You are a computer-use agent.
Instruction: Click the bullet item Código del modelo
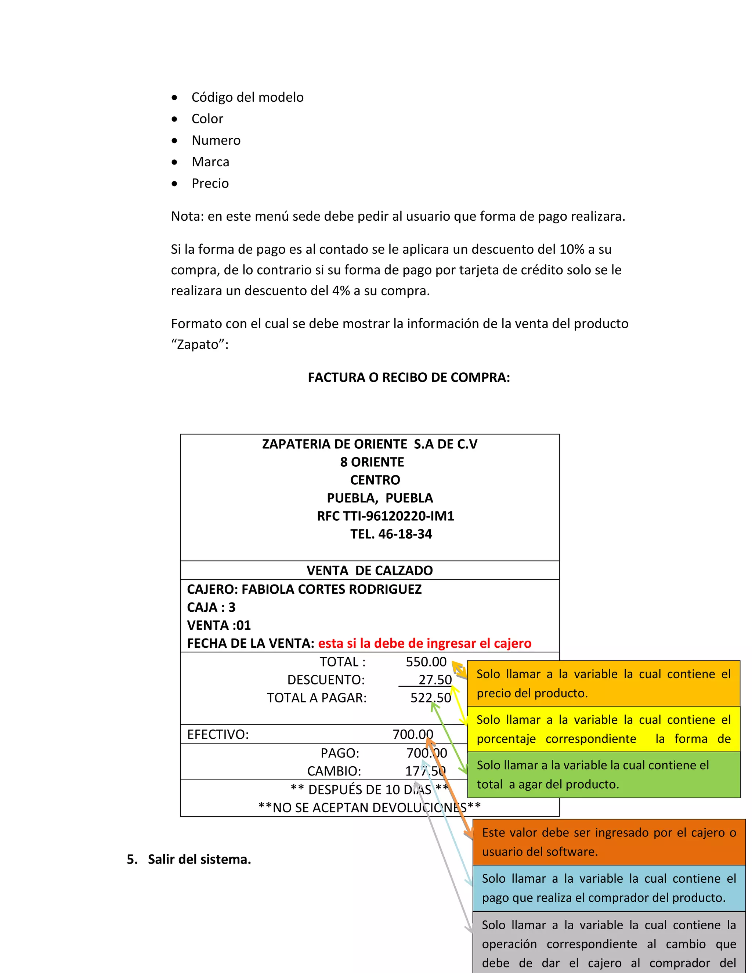click(x=247, y=97)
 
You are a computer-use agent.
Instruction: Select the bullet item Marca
click(x=210, y=162)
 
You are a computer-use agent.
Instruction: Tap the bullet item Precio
click(x=210, y=183)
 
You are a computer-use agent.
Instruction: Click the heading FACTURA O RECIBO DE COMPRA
click(x=409, y=377)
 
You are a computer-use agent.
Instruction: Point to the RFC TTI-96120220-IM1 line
click(x=385, y=516)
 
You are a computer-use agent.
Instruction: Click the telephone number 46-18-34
click(x=405, y=534)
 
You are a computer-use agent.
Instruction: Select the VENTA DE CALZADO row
click(x=369, y=570)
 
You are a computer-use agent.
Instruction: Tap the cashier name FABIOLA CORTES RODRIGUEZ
click(x=332, y=589)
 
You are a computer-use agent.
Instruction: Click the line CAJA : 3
click(x=211, y=607)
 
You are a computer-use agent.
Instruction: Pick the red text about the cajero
click(x=424, y=643)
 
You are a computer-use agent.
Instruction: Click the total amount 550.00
click(x=426, y=662)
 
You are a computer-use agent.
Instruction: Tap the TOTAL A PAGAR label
click(x=317, y=698)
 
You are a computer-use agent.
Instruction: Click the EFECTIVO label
click(x=218, y=734)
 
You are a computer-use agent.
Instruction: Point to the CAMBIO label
click(x=334, y=771)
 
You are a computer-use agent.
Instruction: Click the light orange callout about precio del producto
click(x=603, y=683)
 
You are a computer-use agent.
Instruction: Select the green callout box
click(x=603, y=775)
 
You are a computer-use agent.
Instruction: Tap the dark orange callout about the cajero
click(x=608, y=842)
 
